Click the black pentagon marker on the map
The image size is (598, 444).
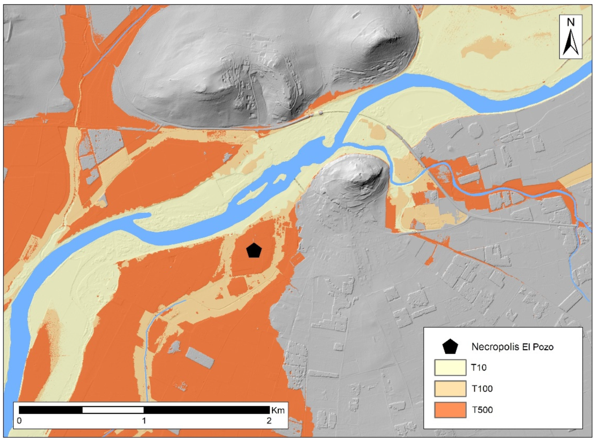point(254,250)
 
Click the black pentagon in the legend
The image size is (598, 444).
point(450,347)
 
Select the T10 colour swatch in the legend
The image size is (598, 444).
point(450,367)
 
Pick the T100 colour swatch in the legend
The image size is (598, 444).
point(450,388)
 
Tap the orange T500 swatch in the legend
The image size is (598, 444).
point(450,410)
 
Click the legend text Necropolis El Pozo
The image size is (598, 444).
point(512,347)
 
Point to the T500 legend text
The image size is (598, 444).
point(482,410)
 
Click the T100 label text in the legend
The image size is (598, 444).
point(482,388)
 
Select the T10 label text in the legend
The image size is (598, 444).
point(479,367)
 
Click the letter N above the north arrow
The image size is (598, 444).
point(571,22)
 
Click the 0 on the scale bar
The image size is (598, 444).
point(19,421)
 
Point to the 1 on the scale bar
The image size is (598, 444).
point(144,421)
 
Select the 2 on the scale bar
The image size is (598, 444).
point(269,421)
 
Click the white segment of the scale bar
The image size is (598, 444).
point(113,410)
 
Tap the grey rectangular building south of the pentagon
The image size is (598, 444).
point(200,357)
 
